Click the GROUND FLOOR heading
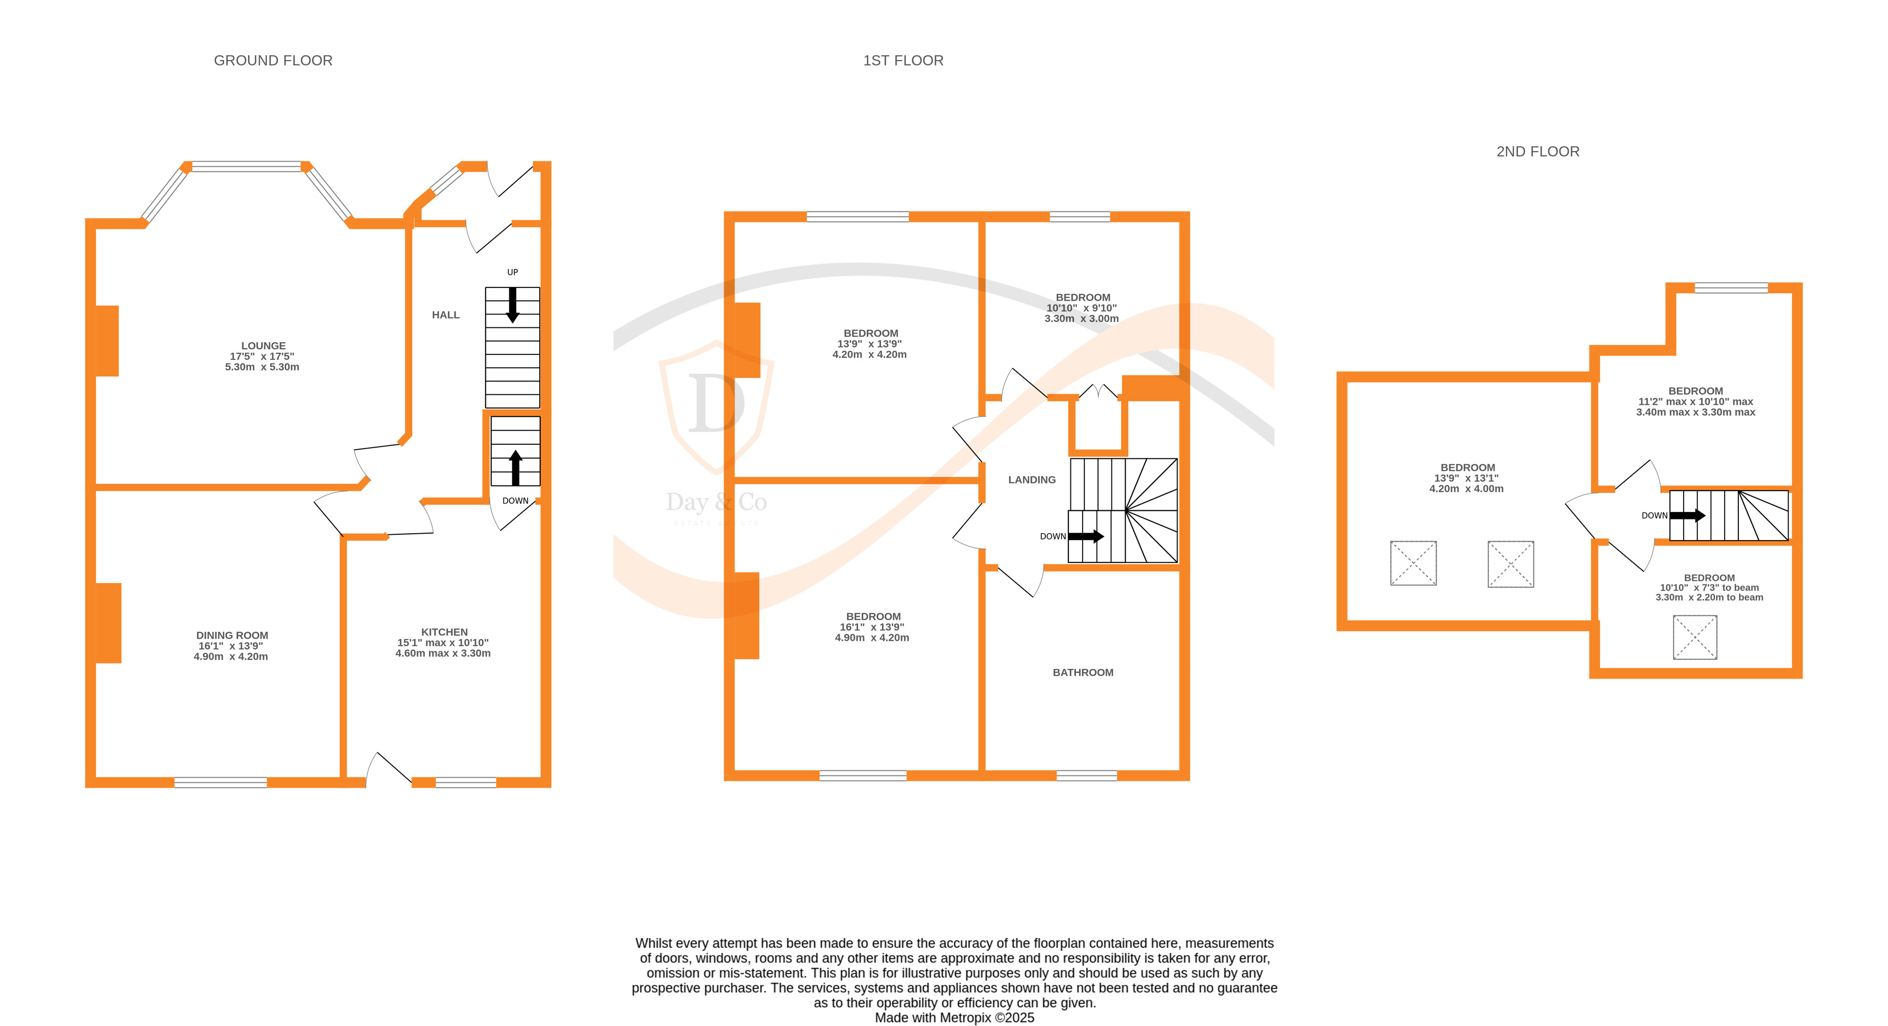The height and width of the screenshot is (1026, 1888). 273,61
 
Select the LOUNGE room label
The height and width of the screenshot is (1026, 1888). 263,346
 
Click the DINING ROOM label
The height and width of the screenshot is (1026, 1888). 232,635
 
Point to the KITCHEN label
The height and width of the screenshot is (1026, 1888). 444,632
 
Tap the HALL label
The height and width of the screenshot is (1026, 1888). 446,315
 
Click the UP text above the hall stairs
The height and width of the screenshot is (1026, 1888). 512,272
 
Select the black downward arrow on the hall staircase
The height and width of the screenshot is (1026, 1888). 512,305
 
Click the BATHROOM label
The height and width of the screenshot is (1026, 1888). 1083,673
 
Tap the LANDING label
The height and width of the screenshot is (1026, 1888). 1031,480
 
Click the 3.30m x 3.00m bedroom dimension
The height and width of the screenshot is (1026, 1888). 1081,319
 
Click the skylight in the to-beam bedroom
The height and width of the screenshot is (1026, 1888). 1694,638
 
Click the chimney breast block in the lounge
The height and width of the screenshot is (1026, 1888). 107,341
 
